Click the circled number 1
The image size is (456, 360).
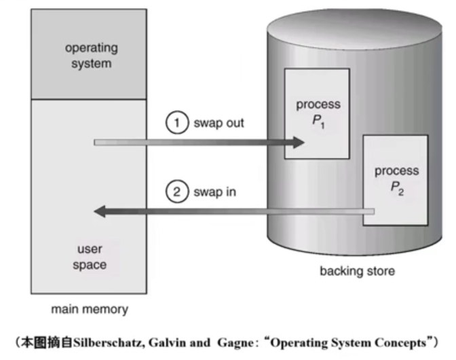176,124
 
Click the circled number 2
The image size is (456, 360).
176,193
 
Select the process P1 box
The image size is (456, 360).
317,113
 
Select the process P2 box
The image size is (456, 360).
396,180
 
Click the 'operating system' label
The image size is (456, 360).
91,56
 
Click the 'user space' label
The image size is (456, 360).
90,257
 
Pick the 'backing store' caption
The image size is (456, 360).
357,272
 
